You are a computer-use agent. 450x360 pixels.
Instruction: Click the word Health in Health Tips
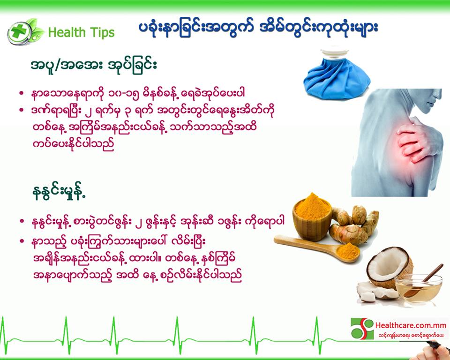coord(67,32)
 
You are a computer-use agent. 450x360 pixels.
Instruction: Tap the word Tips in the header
coord(102,32)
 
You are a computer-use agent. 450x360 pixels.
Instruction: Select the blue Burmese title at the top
coord(258,28)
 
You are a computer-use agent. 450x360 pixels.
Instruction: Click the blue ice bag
coord(337,77)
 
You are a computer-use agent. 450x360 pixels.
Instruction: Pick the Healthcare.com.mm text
coord(411,326)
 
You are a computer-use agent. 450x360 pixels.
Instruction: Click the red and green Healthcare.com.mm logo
coord(362,328)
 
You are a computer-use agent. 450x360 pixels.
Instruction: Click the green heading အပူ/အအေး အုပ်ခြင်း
coord(94,66)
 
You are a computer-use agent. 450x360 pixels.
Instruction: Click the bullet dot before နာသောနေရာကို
coord(21,93)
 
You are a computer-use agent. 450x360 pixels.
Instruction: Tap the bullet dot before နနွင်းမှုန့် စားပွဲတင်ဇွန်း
coord(22,221)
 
